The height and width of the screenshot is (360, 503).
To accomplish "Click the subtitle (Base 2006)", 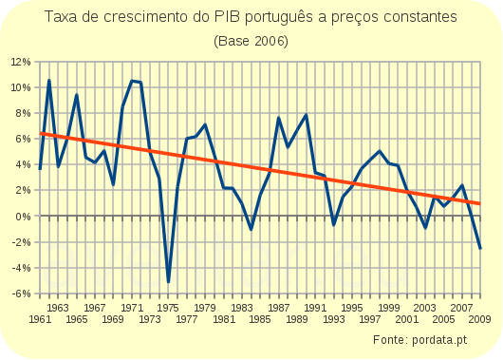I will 251,41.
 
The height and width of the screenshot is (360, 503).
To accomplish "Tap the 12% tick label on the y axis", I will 21,62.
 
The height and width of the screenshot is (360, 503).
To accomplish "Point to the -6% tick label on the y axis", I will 21,294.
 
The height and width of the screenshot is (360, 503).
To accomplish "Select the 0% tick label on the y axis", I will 24,217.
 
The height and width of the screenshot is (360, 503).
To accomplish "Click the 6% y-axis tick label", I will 24,140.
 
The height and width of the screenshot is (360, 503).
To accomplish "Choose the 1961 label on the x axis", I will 40,320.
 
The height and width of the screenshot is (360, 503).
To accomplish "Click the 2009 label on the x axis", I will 481,320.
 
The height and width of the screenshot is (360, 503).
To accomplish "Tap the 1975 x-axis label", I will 169,308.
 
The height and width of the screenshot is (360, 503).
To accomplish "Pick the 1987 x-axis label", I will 279,308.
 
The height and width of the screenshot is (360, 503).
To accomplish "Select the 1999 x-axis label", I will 389,308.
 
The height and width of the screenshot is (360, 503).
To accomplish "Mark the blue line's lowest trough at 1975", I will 168,281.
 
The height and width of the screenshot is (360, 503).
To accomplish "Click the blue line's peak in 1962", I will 49,81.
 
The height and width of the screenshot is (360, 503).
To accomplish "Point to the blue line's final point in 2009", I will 481,248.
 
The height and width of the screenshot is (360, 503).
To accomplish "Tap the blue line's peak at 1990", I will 307,115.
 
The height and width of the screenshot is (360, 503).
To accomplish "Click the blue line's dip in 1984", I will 251,229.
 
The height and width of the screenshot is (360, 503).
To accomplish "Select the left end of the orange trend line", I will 40,134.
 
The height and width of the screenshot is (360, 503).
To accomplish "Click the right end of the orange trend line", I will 481,203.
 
